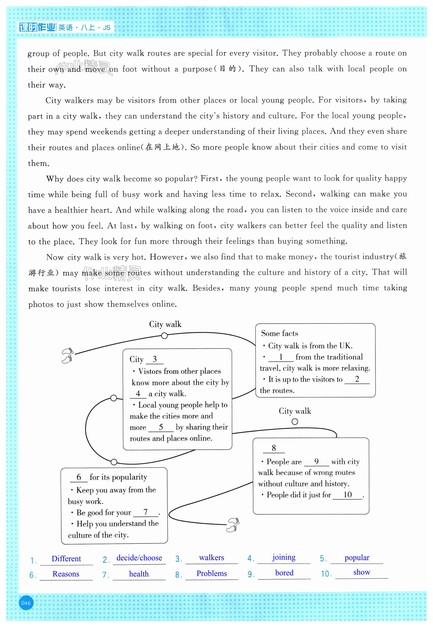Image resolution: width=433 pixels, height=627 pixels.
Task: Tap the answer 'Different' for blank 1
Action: pyautogui.click(x=66, y=559)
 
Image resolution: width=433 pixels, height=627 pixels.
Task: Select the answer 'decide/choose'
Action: pyautogui.click(x=139, y=558)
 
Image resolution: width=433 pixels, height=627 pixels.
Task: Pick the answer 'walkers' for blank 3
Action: pyautogui.click(x=212, y=558)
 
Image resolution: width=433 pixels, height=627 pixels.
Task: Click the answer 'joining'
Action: pyautogui.click(x=284, y=557)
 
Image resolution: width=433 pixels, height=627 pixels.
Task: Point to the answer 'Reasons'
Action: pyautogui.click(x=66, y=574)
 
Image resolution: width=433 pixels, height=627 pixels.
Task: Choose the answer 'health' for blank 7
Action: pyautogui.click(x=139, y=574)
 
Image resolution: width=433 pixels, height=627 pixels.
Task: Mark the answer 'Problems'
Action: pyautogui.click(x=212, y=574)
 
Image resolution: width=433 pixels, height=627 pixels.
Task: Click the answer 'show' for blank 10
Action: pyautogui.click(x=362, y=572)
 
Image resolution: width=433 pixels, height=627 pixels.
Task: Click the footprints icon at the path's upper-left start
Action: pyautogui.click(x=67, y=355)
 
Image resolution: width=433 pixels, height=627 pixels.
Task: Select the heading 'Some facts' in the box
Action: pyautogui.click(x=280, y=334)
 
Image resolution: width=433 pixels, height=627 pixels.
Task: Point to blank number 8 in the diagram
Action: pyautogui.click(x=274, y=448)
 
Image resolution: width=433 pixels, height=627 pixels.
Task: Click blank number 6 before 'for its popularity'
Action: pyautogui.click(x=79, y=477)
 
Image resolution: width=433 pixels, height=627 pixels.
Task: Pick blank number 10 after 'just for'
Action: pyautogui.click(x=348, y=495)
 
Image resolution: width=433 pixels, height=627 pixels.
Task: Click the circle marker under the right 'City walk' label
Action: pyautogui.click(x=295, y=422)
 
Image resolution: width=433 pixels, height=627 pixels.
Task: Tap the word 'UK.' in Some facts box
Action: pyautogui.click(x=346, y=346)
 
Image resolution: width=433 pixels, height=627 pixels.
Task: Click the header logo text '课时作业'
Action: pyautogui.click(x=37, y=28)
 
